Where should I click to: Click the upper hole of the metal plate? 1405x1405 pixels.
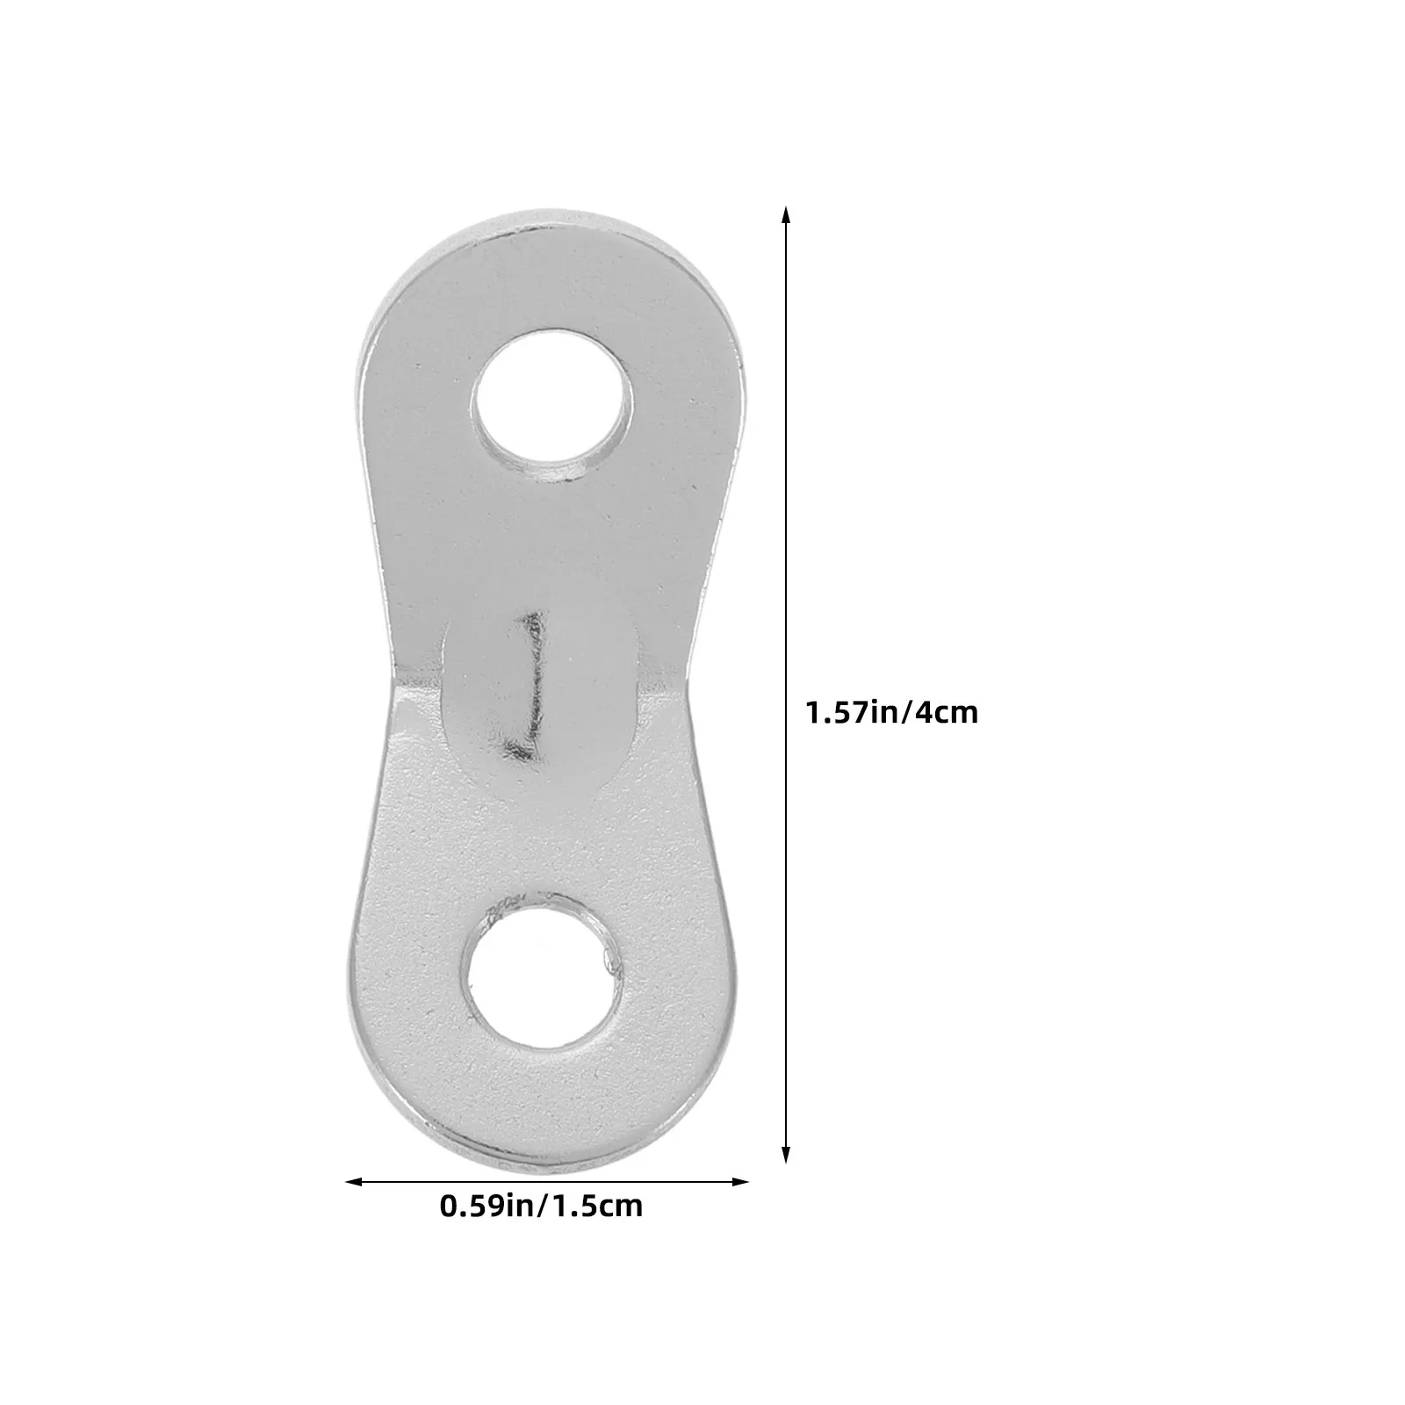tap(552, 404)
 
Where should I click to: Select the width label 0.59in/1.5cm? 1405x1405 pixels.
tap(542, 1206)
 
